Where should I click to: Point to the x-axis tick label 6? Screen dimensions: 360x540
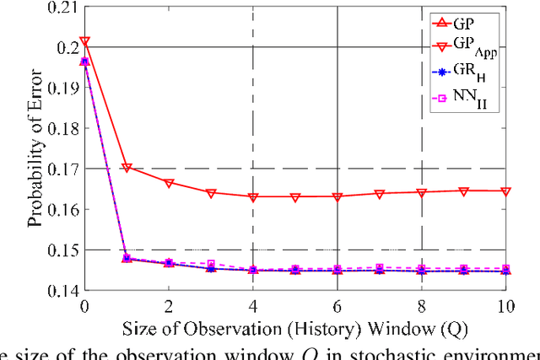[337, 304]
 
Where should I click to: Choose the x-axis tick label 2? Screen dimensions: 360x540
[169, 304]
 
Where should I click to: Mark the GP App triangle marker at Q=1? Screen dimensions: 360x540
[127, 168]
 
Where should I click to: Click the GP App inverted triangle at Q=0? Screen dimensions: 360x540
[84, 41]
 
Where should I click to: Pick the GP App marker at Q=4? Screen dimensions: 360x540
[253, 196]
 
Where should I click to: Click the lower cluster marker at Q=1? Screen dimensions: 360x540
[127, 258]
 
